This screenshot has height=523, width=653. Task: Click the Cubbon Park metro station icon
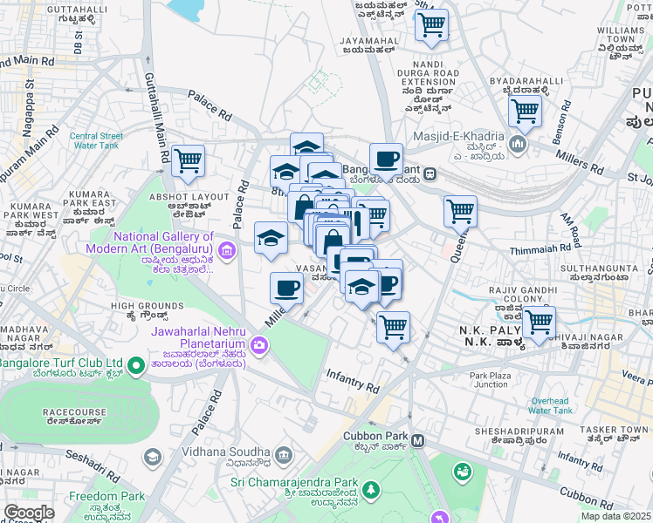[418, 441]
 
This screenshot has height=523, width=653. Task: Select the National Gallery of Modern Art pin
[227, 252]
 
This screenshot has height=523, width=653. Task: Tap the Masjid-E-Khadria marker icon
[519, 142]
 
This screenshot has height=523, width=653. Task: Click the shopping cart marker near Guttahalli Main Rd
[188, 160]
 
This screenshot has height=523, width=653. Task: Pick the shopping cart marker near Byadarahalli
[525, 111]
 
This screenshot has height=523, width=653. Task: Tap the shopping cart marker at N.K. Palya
[539, 322]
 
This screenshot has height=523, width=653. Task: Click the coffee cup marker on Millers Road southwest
[286, 288]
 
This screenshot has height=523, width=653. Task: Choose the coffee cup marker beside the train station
[386, 160]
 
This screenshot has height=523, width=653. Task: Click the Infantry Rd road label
[353, 380]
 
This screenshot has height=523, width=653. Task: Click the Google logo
[29, 513]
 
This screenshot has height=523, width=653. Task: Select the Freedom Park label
[107, 496]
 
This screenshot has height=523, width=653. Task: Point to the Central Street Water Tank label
[96, 140]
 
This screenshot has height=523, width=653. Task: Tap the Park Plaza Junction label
[489, 380]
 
